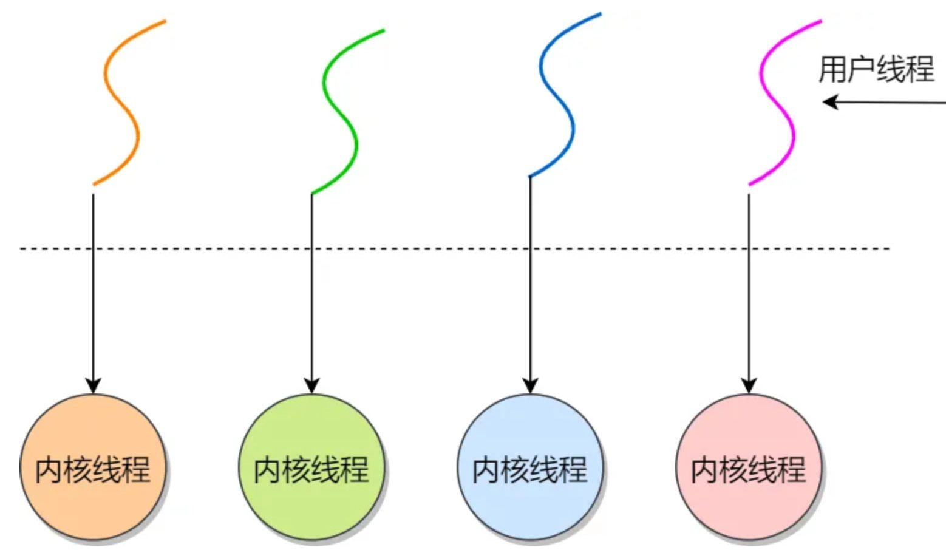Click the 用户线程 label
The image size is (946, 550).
click(876, 69)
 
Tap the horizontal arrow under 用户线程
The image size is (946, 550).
click(886, 103)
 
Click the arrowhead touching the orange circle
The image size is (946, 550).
click(93, 385)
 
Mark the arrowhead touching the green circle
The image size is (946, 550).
click(311, 385)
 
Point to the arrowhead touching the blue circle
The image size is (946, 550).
click(530, 385)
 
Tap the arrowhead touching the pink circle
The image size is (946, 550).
click(749, 385)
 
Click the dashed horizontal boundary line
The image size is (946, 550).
click(425, 248)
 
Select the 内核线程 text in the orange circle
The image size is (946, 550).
click(93, 470)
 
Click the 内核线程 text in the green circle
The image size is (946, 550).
click(311, 470)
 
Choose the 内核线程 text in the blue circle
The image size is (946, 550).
click(530, 470)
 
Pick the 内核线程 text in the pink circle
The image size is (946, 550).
click(749, 470)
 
